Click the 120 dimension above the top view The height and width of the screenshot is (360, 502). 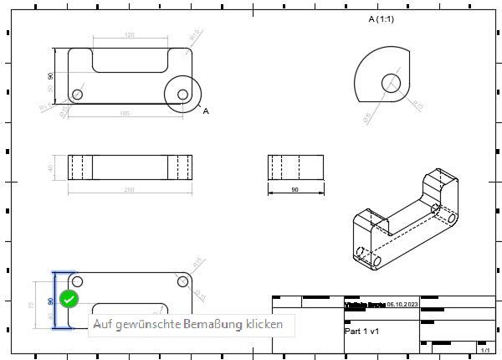click(x=129, y=35)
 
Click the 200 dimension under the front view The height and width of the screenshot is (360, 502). click(x=128, y=190)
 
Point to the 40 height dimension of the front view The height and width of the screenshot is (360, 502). click(x=51, y=167)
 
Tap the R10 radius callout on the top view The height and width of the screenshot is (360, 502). click(x=43, y=106)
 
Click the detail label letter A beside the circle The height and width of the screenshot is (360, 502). click(x=206, y=111)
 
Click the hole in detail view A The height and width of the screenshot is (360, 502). click(x=392, y=82)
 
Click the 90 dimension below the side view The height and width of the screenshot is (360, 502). click(x=295, y=190)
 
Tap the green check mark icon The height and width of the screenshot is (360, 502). click(x=69, y=299)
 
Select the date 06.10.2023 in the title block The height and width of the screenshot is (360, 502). click(x=402, y=306)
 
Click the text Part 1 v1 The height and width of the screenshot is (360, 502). click(x=363, y=331)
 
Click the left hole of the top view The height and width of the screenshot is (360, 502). click(x=78, y=94)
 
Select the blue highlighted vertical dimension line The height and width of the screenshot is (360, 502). click(x=55, y=300)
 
